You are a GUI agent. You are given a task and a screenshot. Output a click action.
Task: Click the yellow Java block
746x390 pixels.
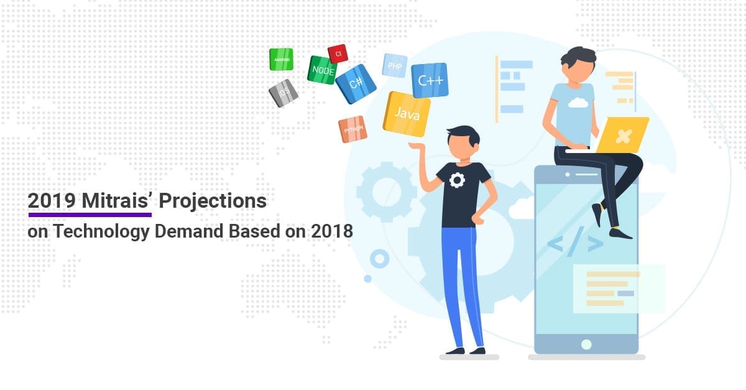(x=407, y=114)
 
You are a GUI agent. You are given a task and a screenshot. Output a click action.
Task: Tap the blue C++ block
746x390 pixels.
(x=430, y=80)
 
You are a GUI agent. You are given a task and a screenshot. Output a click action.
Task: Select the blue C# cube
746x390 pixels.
(x=356, y=83)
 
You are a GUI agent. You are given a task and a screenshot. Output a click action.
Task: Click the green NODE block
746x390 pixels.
(x=323, y=70)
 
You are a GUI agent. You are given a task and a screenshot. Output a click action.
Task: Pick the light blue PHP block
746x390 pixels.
(x=395, y=65)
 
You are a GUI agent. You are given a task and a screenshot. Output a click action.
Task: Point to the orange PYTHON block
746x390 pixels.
(x=352, y=129)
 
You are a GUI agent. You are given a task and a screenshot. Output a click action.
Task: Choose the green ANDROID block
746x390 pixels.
(x=281, y=60)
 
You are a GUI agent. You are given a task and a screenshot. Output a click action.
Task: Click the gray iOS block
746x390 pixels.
(x=283, y=93)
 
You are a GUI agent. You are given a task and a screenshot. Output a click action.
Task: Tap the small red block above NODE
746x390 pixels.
(x=338, y=54)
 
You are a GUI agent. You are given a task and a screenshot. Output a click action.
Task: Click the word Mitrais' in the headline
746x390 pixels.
(x=121, y=201)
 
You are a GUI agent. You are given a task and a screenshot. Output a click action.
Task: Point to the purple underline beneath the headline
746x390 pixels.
(x=90, y=215)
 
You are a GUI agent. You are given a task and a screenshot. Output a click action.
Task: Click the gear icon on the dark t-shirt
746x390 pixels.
(x=457, y=181)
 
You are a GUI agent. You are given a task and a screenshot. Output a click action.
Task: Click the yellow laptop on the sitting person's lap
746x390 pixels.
(x=622, y=135)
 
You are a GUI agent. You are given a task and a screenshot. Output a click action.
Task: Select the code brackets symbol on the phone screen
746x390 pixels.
(x=576, y=244)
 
